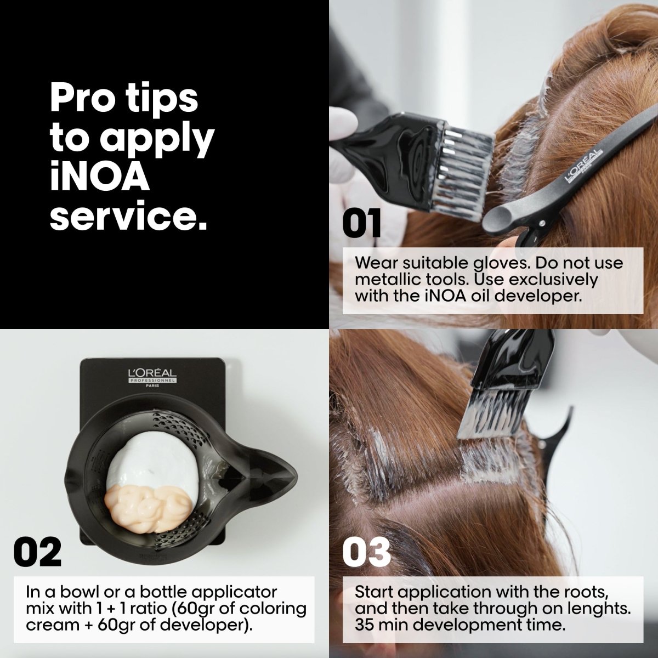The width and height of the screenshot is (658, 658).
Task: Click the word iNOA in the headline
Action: click(99, 177)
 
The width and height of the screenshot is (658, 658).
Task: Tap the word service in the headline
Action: click(128, 216)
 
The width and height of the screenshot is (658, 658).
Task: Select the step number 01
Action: click(361, 224)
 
